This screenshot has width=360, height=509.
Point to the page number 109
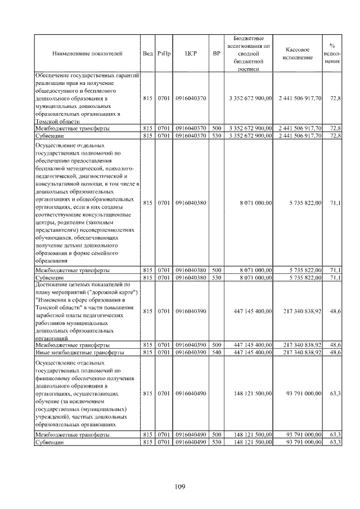[x=180, y=487]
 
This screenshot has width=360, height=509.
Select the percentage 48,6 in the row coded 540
[x=335, y=352]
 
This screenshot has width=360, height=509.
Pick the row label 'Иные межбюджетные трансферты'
[x=71, y=352]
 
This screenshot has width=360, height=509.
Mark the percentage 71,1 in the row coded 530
[x=335, y=278]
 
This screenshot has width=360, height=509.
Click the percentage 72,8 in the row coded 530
[x=335, y=136]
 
